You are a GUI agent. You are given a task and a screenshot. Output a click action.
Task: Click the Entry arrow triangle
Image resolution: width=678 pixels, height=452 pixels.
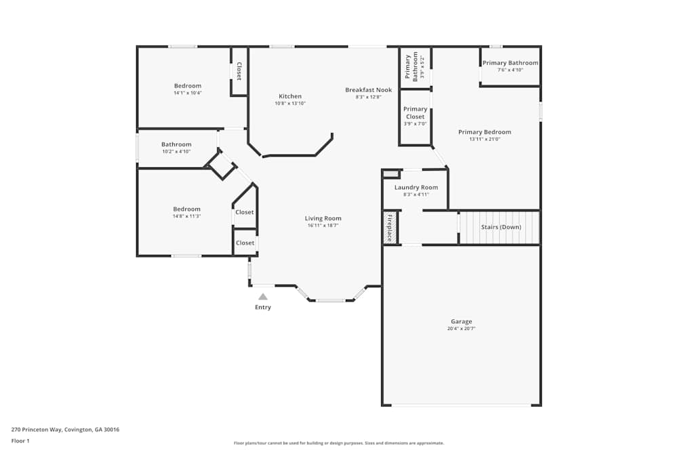pyautogui.click(x=263, y=296)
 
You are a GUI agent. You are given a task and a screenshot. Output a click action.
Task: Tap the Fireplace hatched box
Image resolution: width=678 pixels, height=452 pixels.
pyautogui.click(x=390, y=228)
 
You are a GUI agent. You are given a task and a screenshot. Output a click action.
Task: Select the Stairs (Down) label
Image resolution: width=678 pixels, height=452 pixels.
pyautogui.click(x=501, y=227)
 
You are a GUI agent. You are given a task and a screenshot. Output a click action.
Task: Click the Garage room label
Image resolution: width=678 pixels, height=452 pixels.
pyautogui.click(x=461, y=321)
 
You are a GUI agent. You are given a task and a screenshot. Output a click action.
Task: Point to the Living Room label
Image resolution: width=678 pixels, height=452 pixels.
pyautogui.click(x=323, y=218)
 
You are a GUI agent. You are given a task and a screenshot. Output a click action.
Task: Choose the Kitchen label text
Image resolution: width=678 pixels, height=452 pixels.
pyautogui.click(x=290, y=96)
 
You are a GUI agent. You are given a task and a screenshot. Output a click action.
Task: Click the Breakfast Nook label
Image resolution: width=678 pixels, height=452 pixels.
pyautogui.click(x=368, y=90)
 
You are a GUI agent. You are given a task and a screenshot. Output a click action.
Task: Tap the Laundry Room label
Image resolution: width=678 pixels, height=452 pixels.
pyautogui.click(x=416, y=187)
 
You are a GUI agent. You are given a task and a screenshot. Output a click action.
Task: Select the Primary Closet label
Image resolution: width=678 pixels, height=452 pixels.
pyautogui.click(x=415, y=112)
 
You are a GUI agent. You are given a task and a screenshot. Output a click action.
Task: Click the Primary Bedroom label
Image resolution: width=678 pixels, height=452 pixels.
pyautogui.click(x=485, y=131)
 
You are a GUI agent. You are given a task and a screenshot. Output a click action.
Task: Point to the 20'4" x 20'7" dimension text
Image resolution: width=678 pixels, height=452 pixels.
pyautogui.click(x=461, y=329)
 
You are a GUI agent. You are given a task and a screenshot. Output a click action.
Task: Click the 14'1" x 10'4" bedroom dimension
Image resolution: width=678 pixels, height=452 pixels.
pyautogui.click(x=188, y=92)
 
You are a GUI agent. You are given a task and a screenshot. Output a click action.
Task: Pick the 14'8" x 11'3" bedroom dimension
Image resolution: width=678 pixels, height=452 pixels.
pyautogui.click(x=187, y=216)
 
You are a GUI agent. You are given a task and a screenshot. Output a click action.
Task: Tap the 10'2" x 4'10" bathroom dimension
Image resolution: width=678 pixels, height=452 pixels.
pyautogui.click(x=176, y=151)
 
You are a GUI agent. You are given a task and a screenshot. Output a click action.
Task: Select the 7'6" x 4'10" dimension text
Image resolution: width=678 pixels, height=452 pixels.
pyautogui.click(x=511, y=70)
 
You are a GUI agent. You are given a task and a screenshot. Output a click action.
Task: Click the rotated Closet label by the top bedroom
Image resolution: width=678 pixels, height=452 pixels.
pyautogui.click(x=239, y=71)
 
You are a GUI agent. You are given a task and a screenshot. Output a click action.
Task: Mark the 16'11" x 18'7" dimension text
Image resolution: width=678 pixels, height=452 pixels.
pyautogui.click(x=323, y=225)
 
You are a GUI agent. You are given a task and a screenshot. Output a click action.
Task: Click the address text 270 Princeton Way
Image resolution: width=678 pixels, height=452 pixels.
pyautogui.click(x=37, y=430)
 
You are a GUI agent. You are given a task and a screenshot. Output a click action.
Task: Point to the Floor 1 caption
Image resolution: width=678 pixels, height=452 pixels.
pyautogui.click(x=20, y=440)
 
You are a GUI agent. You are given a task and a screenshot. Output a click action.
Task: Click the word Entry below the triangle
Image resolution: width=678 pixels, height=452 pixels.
pyautogui.click(x=263, y=307)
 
